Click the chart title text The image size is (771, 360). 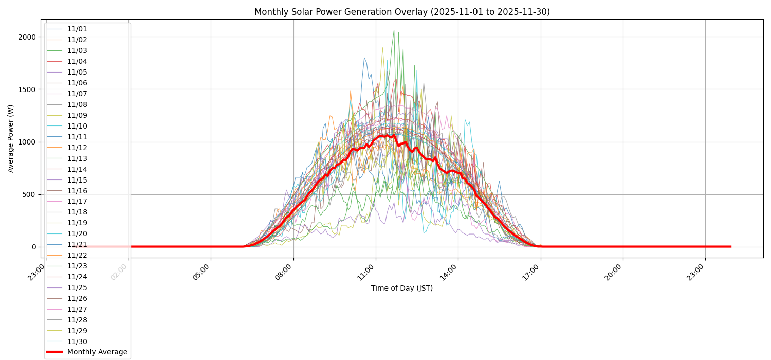[402, 12]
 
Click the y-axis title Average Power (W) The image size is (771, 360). [11, 138]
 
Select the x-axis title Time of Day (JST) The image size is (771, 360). [402, 288]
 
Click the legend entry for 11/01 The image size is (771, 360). [77, 29]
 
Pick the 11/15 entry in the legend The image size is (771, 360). [77, 180]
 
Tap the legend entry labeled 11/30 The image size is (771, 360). [77, 341]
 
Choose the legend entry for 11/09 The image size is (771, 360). [77, 115]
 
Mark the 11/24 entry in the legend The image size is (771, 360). [77, 277]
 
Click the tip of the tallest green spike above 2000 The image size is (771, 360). [394, 30]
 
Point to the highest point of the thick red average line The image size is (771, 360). [394, 134]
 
